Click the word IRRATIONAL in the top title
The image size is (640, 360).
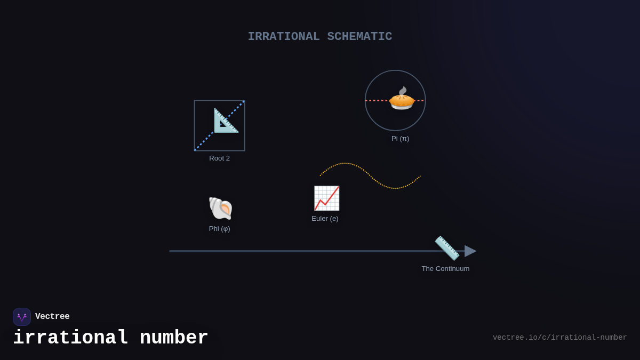283,37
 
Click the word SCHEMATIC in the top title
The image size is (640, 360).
359,37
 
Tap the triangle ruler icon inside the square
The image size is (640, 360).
226,121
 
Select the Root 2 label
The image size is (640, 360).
219,158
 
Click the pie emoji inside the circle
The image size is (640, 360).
402,99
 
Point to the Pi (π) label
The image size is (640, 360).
400,139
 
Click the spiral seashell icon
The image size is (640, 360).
220,208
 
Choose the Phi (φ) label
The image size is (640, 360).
219,229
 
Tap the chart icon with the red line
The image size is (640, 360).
326,198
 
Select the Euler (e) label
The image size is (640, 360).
325,219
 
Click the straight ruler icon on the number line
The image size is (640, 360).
447,248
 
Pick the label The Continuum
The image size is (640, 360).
445,269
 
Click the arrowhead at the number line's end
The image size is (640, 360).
470,251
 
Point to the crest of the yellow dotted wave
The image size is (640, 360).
345,163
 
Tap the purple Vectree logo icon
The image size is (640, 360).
22,317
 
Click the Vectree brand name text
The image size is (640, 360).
52,317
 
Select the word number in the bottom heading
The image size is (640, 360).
174,338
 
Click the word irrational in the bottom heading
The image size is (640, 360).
70,338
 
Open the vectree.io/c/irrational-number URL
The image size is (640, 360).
559,338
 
